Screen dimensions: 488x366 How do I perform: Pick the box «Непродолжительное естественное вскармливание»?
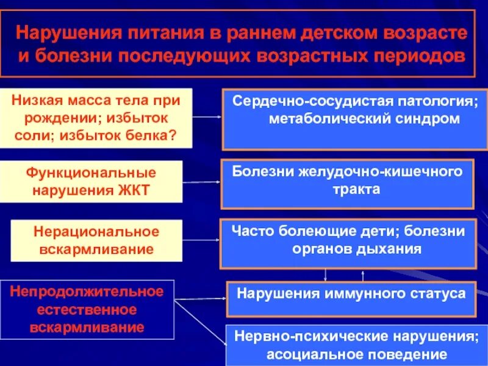87,309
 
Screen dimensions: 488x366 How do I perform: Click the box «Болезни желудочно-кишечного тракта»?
346,184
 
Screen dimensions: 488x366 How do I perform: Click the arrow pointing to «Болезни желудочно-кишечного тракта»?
201,182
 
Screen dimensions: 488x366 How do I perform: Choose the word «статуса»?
437,293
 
